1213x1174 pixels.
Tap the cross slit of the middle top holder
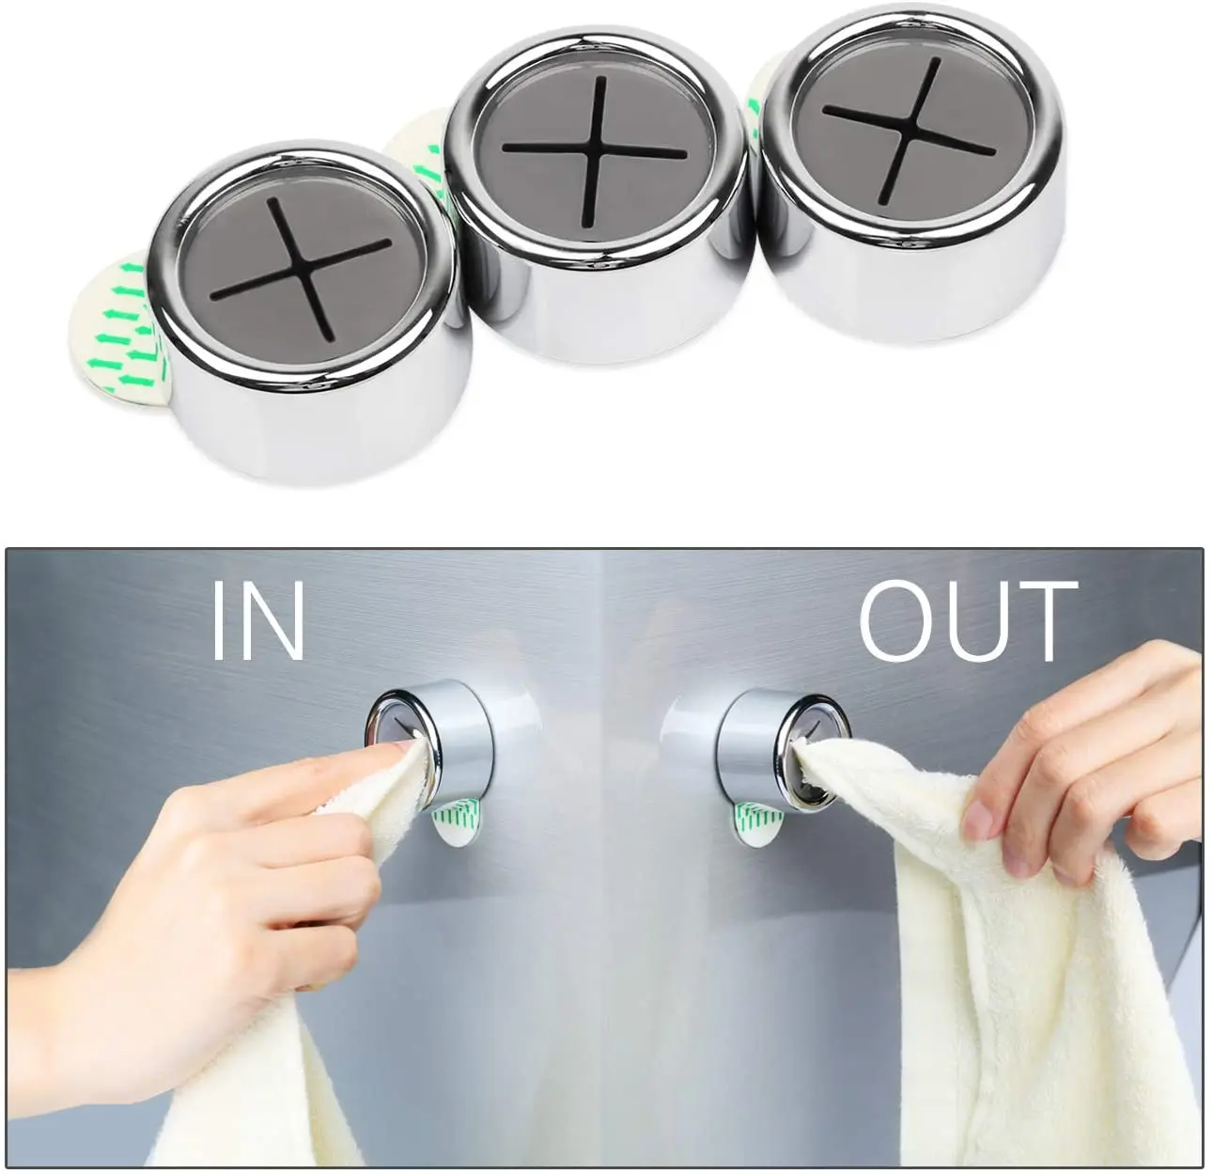coord(595,151)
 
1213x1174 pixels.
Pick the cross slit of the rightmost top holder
coord(910,131)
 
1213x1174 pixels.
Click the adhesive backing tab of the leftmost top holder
coord(116,324)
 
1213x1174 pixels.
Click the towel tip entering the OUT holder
coord(810,756)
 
